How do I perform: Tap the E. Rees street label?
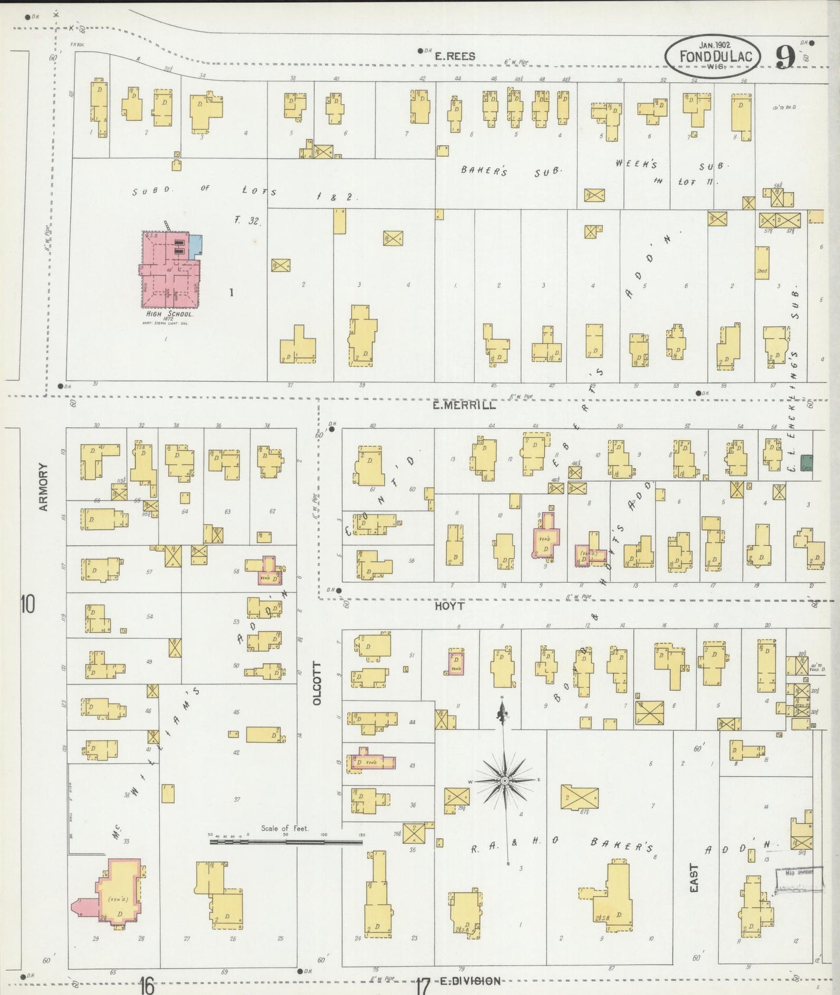[455, 56]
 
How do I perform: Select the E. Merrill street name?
[464, 405]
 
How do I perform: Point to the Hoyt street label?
[449, 606]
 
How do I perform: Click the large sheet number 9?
[785, 57]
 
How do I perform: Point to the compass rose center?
[505, 780]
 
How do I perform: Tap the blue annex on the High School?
[196, 244]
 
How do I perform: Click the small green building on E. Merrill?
[806, 463]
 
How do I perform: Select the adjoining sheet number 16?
[146, 986]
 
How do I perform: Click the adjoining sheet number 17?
[423, 986]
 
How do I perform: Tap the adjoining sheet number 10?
[27, 604]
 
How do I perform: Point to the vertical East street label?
[695, 878]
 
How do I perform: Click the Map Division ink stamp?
[800, 875]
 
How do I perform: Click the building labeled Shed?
[762, 263]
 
